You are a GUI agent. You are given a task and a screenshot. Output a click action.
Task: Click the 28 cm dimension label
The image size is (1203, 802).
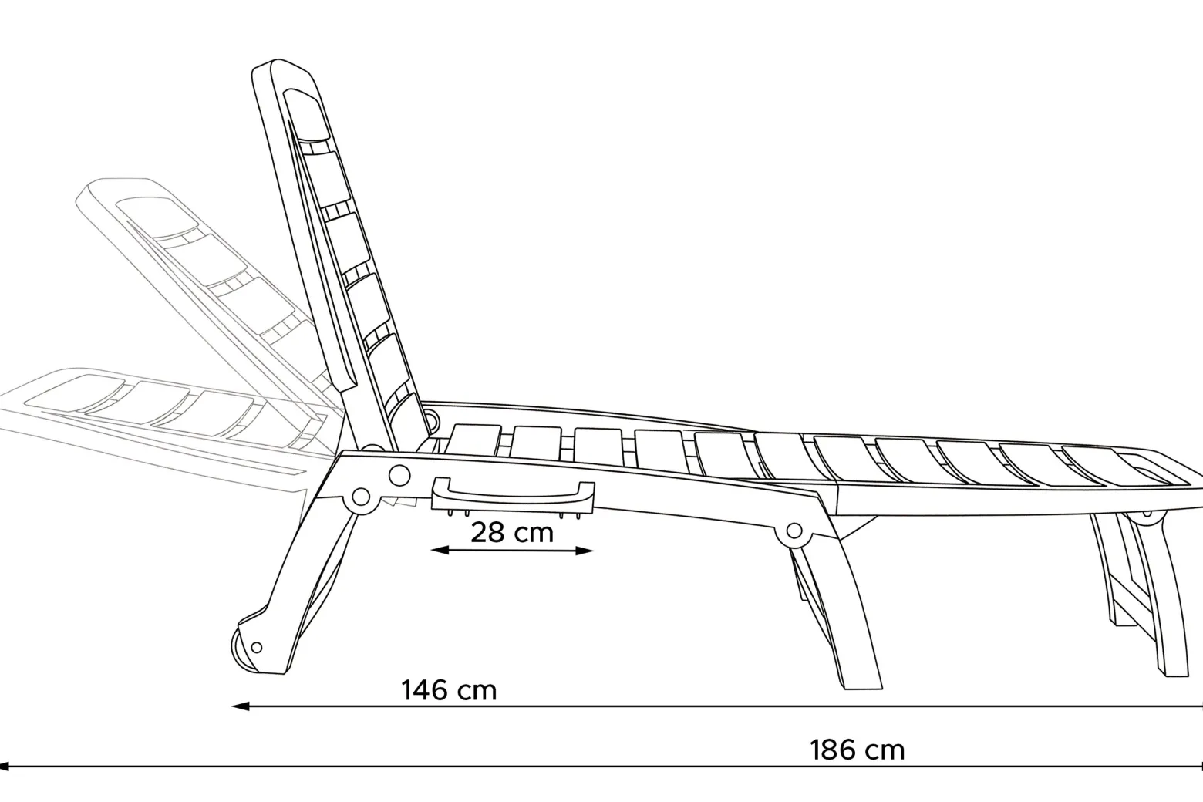[512, 532]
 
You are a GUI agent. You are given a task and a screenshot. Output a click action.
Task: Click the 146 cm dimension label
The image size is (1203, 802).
[449, 690]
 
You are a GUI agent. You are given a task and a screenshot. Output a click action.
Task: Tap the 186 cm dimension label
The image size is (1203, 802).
[858, 750]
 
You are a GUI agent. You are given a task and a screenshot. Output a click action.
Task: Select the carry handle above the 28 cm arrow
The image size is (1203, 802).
[513, 494]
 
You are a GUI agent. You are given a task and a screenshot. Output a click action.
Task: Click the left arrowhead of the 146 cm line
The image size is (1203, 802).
[240, 706]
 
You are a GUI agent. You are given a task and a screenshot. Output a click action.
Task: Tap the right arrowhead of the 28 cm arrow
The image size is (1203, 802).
[585, 550]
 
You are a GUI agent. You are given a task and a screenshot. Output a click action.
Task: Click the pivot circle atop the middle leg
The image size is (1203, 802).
[794, 531]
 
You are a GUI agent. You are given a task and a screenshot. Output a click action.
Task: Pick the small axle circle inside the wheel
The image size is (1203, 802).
[257, 648]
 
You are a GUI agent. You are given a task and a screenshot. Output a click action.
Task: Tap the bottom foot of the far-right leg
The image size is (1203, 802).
[1175, 672]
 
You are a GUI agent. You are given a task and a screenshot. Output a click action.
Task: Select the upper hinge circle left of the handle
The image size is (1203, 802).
[399, 475]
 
